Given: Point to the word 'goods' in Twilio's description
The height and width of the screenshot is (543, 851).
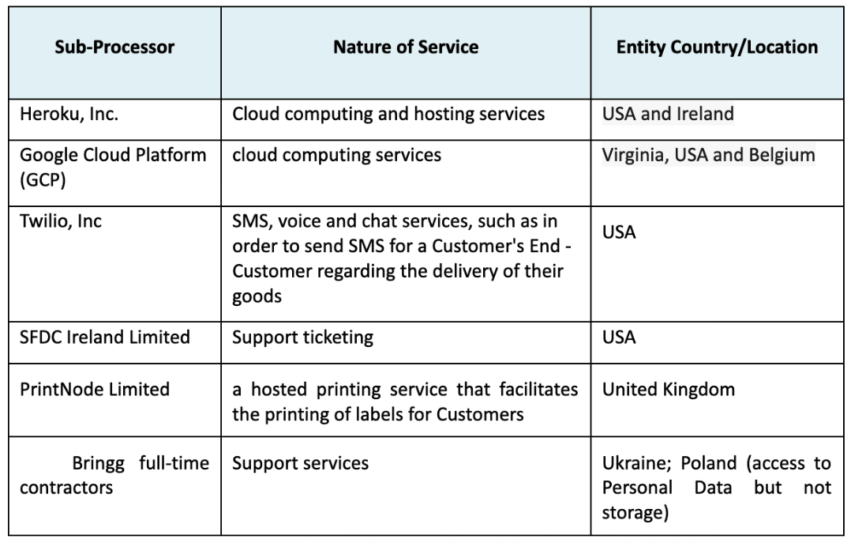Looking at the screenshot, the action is [x=257, y=296].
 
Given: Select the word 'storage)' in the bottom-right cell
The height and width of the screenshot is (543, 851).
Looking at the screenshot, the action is [x=635, y=512].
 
